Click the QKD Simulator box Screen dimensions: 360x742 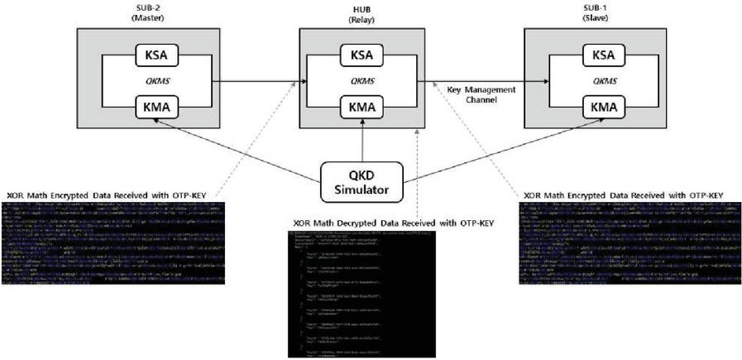[x=362, y=183]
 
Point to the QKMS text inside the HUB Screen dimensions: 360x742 [x=362, y=82]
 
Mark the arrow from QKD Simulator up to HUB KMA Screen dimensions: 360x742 [x=362, y=141]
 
